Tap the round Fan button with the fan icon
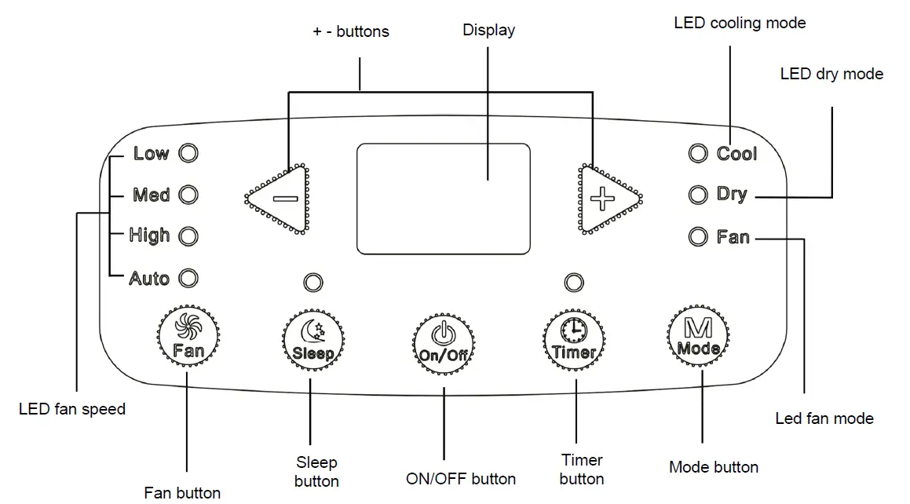click(188, 336)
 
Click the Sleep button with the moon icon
click(313, 340)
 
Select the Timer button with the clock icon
click(575, 340)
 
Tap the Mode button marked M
click(699, 336)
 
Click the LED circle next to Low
click(188, 153)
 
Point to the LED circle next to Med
click(188, 195)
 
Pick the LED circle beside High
click(188, 236)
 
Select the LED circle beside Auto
click(188, 279)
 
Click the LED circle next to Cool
click(698, 154)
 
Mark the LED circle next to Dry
click(698, 195)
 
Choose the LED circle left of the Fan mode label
click(698, 236)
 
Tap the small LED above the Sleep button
click(313, 283)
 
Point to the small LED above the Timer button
click(574, 283)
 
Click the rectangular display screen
click(444, 199)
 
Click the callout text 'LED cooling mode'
click(740, 24)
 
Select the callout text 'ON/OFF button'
click(461, 479)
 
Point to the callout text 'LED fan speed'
click(72, 409)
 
